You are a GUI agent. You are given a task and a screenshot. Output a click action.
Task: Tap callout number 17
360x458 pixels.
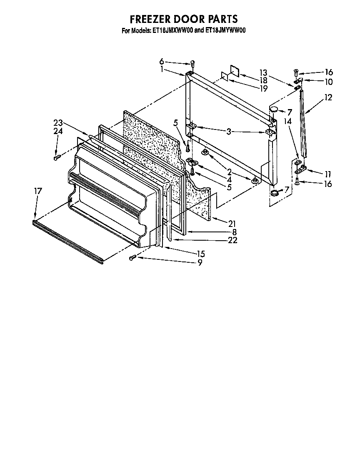(38, 191)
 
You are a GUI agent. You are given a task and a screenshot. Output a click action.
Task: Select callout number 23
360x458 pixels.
(58, 122)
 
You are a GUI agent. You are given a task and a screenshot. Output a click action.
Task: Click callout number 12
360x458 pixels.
(328, 97)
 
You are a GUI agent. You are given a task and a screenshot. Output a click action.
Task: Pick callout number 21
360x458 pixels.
(232, 224)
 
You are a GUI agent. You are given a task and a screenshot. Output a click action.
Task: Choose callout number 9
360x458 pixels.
(200, 262)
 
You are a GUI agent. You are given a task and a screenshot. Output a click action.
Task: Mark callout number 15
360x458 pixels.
(200, 254)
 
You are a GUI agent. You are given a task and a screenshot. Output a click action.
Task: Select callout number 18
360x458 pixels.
(263, 80)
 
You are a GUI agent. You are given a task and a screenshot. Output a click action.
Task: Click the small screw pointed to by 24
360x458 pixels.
(57, 157)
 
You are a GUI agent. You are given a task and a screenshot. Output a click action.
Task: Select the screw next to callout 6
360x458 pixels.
(192, 64)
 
